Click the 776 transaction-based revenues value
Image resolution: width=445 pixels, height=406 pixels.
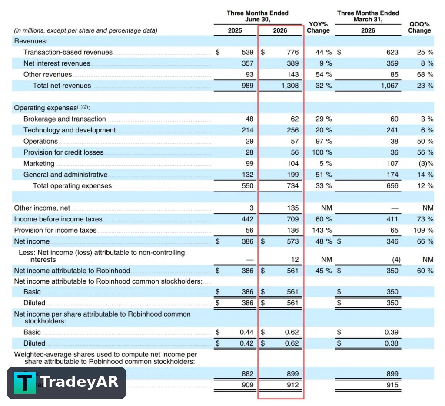pos(292,52)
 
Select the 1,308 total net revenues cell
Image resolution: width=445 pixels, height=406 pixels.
pos(290,86)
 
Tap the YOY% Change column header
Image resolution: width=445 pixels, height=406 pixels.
pos(318,27)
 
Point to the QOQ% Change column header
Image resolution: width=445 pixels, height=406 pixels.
pos(419,27)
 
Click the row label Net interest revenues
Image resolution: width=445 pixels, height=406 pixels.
pos(57,63)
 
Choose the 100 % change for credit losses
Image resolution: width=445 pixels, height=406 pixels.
pos(322,152)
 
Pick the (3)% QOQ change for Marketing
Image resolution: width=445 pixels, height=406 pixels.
pos(426,164)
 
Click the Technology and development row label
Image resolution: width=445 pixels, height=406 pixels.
pos(70,130)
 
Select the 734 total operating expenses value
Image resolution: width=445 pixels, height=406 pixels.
pos(292,186)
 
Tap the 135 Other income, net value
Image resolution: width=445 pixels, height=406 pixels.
pos(292,208)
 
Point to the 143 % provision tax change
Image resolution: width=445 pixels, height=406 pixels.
pos(322,230)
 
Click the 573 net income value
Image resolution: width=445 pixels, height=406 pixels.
pos(292,241)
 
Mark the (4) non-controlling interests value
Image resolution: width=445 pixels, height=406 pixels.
pos(396,259)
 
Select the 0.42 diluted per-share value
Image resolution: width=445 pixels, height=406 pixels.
pos(247,343)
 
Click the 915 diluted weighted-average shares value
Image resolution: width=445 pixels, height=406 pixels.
pos(392,385)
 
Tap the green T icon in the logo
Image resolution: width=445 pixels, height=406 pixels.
pos(25,383)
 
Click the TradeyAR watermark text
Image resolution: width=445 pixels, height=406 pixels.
pos(79,382)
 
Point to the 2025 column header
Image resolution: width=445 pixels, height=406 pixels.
pos(235,30)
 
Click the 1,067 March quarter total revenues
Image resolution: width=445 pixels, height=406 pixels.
pos(390,86)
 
